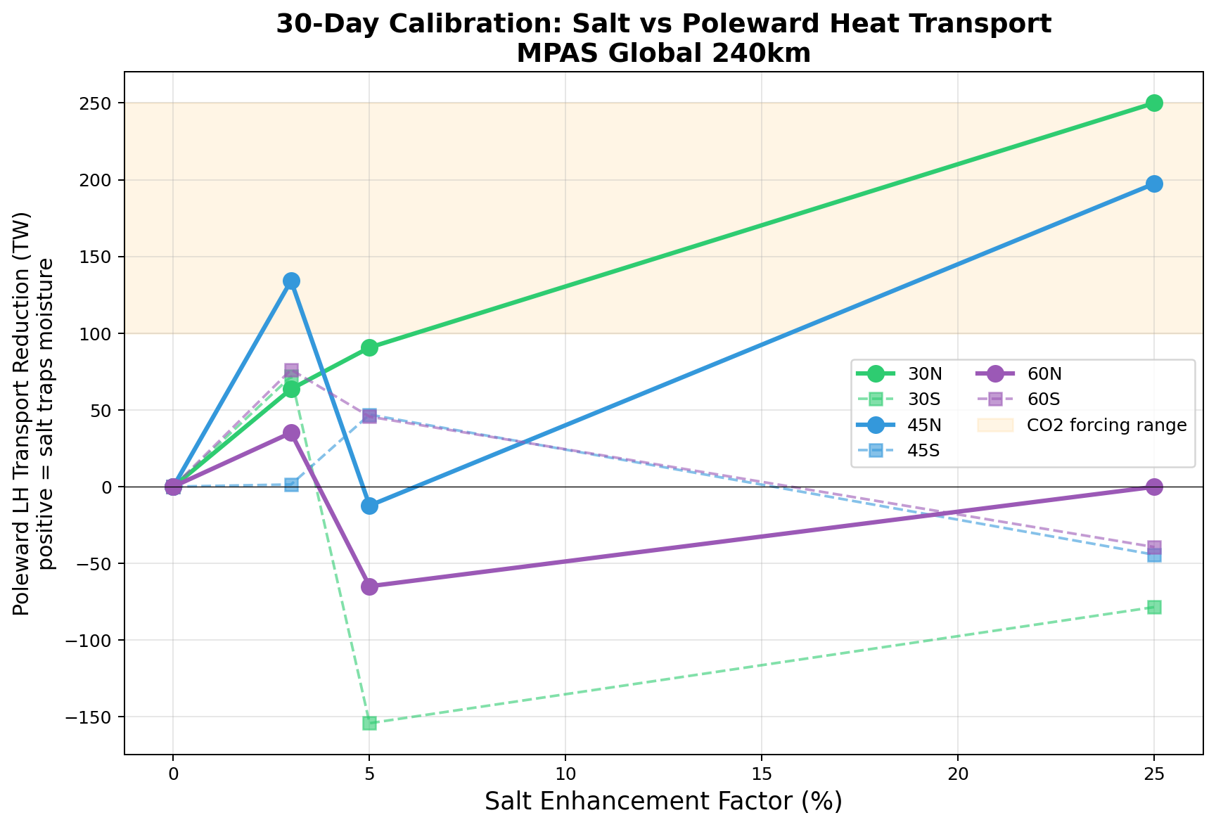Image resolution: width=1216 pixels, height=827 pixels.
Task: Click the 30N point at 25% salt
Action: click(x=1153, y=103)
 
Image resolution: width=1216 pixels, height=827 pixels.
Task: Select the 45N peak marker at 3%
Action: click(x=291, y=281)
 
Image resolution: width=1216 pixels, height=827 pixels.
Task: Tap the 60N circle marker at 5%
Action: click(x=369, y=586)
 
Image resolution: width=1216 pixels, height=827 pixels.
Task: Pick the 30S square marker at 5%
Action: click(x=369, y=723)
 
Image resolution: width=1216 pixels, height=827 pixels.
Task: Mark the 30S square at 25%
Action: click(x=1153, y=607)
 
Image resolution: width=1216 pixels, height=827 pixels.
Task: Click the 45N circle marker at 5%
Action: click(x=369, y=506)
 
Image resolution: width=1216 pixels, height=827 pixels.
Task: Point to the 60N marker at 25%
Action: click(x=1153, y=487)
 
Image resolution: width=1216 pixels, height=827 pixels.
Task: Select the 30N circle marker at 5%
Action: click(x=369, y=347)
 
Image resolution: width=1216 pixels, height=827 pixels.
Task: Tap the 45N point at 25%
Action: click(x=1153, y=184)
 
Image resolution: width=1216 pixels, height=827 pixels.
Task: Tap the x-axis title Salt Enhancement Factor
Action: click(x=663, y=801)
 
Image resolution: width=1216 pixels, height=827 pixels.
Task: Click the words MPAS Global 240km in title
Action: click(x=663, y=53)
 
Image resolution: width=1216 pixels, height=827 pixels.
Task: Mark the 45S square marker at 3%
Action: click(x=291, y=485)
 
